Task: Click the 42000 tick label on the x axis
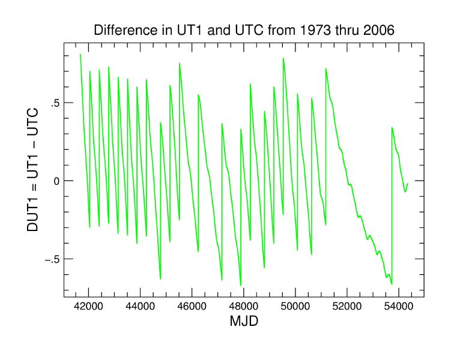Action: (89, 306)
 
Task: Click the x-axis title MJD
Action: (244, 322)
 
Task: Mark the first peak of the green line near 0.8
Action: (80, 55)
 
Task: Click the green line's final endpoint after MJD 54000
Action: (407, 184)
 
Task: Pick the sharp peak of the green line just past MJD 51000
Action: (326, 68)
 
